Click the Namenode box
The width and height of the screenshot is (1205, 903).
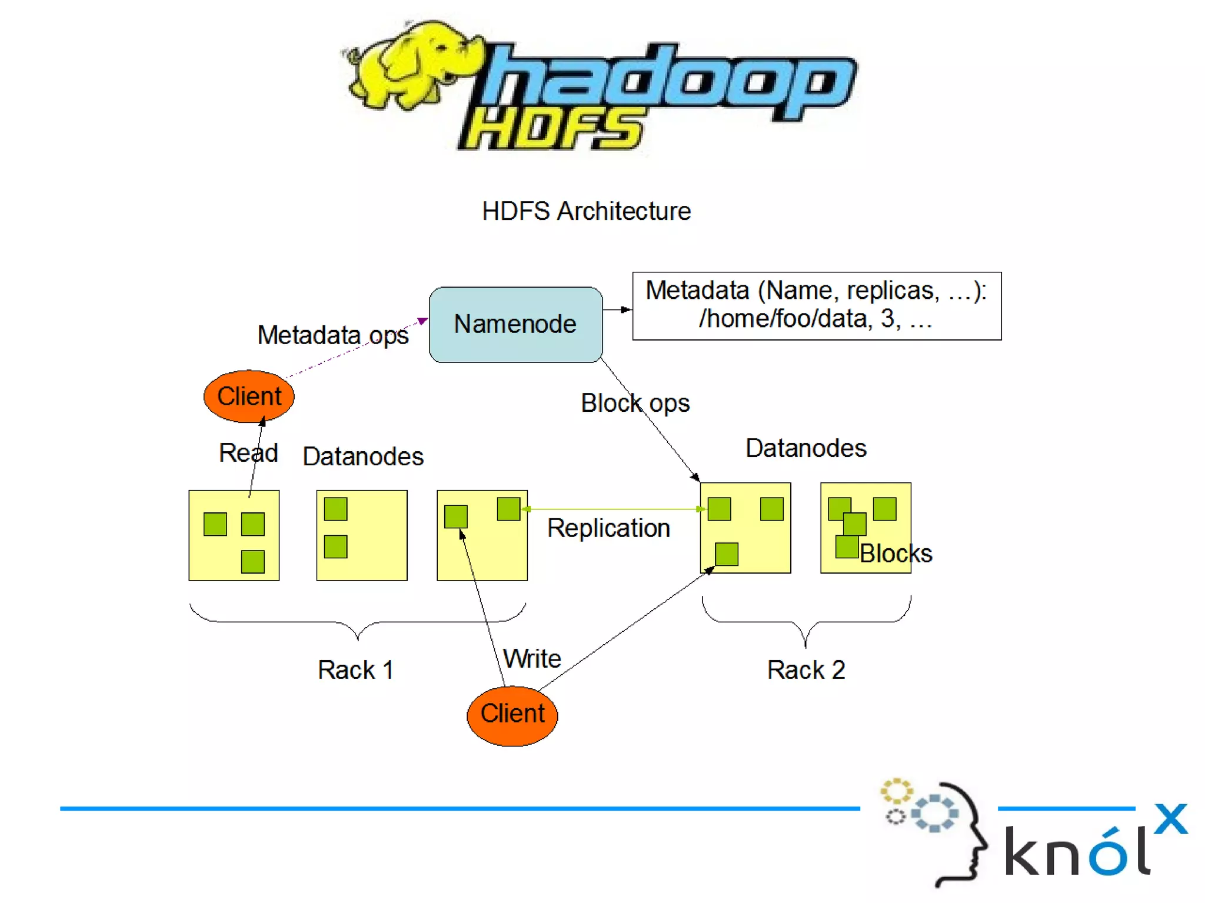pyautogui.click(x=515, y=324)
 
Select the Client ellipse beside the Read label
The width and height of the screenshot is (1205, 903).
pyautogui.click(x=249, y=396)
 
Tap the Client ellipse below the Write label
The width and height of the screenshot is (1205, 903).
pyautogui.click(x=512, y=715)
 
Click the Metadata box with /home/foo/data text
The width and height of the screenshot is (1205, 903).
pyautogui.click(x=816, y=305)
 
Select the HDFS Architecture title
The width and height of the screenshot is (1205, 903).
pyautogui.click(x=586, y=211)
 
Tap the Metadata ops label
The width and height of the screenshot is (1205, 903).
pyautogui.click(x=332, y=335)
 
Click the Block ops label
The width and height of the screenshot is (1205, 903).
pyautogui.click(x=635, y=404)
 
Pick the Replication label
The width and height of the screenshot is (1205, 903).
pyautogui.click(x=608, y=528)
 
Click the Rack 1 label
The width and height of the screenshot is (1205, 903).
pyautogui.click(x=355, y=670)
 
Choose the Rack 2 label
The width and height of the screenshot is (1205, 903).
pyautogui.click(x=806, y=670)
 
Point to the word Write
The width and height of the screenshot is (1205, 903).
pyautogui.click(x=532, y=658)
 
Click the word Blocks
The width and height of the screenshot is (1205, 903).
pyautogui.click(x=896, y=554)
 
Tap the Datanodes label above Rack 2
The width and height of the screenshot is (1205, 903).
pyautogui.click(x=805, y=448)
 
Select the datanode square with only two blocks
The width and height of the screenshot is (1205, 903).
pyautogui.click(x=362, y=535)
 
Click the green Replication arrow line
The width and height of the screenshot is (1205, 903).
pyautogui.click(x=612, y=509)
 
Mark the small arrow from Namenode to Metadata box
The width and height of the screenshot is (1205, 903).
pyautogui.click(x=617, y=309)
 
